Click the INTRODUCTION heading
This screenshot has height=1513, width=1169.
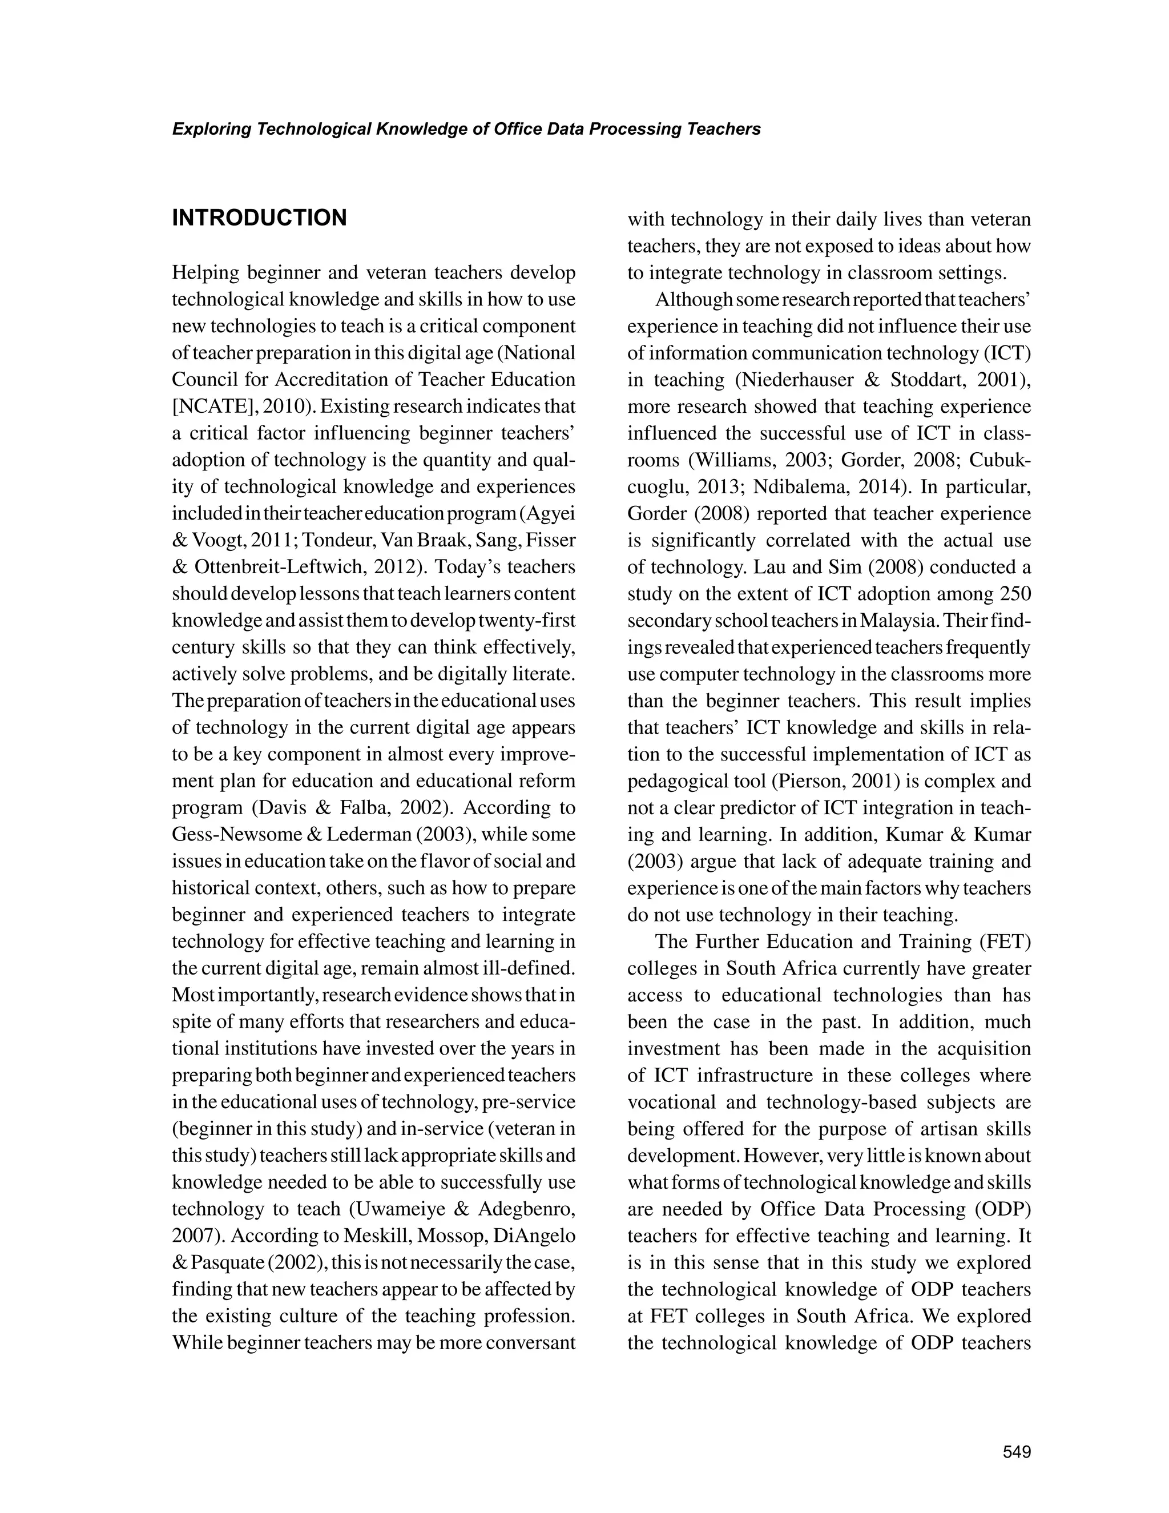pos(259,218)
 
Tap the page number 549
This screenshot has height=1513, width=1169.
pos(1017,1451)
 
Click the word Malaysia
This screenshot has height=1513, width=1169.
pos(900,621)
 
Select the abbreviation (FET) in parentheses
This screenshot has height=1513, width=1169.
pos(1005,942)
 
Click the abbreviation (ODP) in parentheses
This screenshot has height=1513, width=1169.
pos(1002,1209)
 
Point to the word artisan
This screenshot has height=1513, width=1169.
pos(955,1129)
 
